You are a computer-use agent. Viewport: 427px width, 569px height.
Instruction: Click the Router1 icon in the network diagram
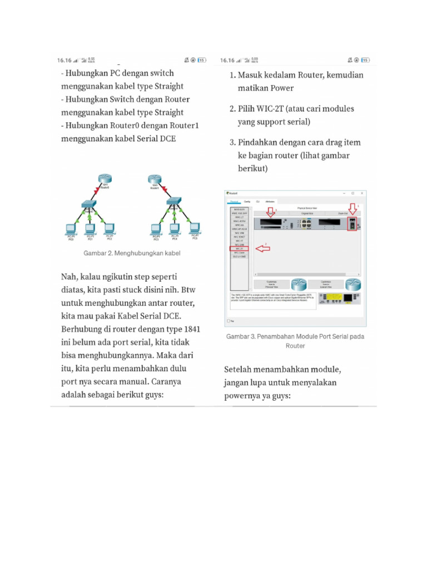[154, 179]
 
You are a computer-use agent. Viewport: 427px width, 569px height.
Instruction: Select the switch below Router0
[88, 204]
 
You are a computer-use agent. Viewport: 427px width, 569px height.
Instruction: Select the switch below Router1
[170, 204]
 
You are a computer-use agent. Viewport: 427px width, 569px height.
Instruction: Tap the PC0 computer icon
[71, 228]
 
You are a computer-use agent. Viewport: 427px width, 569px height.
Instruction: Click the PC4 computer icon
[175, 228]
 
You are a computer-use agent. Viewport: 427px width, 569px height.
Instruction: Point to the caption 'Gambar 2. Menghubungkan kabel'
[132, 253]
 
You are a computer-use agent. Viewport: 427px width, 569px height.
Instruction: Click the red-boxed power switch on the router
[351, 224]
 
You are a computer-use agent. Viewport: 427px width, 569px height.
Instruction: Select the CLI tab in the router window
[257, 201]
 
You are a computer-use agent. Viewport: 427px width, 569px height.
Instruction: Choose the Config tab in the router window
[247, 201]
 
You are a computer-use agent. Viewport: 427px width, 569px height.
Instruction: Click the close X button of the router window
[362, 193]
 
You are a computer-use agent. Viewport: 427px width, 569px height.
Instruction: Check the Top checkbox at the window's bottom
[229, 321]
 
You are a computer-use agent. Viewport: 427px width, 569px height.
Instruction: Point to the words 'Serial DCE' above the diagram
[156, 139]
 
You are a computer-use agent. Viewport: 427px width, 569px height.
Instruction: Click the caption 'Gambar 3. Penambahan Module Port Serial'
[295, 337]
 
